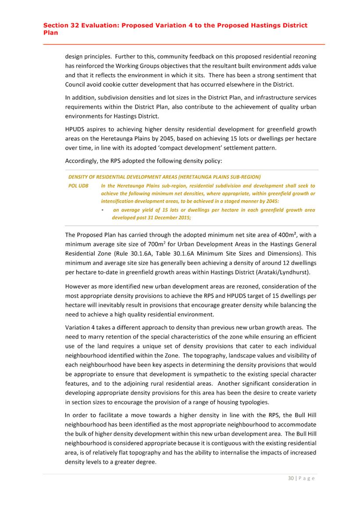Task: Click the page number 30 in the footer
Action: [291, 478]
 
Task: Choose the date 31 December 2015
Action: [168, 217]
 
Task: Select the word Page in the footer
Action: [307, 478]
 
